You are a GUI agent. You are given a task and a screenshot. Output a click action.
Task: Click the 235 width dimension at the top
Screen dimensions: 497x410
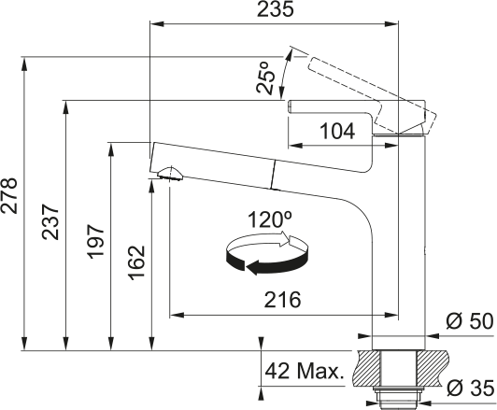(275, 8)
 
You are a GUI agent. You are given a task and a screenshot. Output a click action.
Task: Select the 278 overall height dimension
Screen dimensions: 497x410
(9, 195)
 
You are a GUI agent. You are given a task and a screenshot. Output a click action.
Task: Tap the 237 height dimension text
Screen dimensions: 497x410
(50, 221)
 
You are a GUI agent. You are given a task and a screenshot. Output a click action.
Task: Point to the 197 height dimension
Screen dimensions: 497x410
(95, 242)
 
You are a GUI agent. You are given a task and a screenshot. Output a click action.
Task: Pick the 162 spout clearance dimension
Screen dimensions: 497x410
(136, 262)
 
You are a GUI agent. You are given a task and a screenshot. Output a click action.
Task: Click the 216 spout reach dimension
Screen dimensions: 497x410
(282, 300)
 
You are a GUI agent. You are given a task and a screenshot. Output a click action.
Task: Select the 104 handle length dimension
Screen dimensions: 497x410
(337, 131)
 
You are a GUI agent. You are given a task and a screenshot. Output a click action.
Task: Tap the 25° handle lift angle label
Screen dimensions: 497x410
(265, 78)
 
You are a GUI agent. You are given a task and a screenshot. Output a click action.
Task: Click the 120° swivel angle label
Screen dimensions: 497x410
(270, 219)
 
